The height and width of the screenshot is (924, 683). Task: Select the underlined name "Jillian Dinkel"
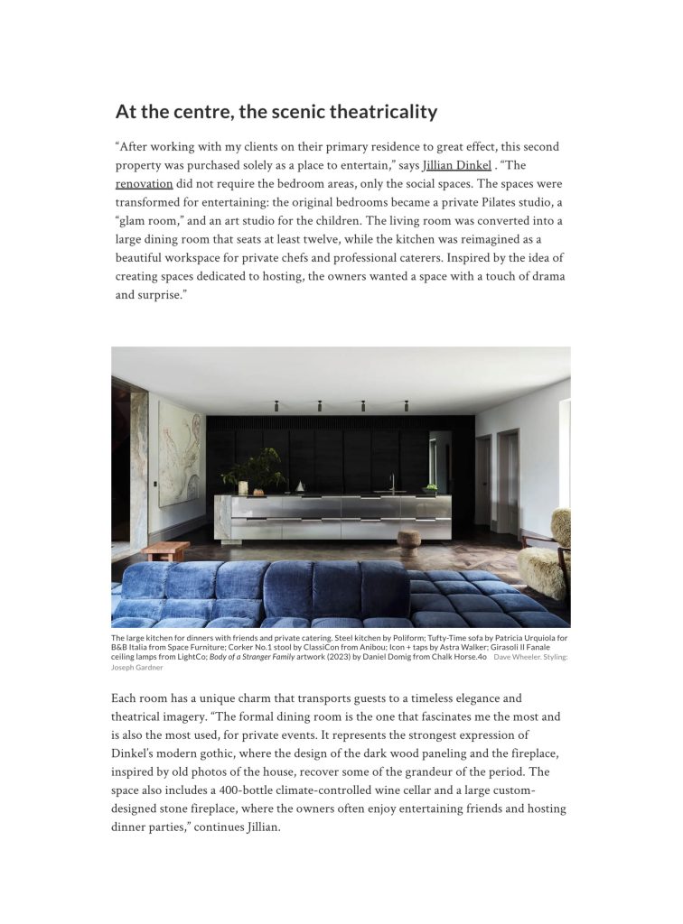coord(457,165)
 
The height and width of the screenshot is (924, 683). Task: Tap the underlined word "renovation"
coord(144,184)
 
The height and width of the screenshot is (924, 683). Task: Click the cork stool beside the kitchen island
coord(411,540)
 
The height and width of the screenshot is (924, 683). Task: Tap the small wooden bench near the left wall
coord(166,550)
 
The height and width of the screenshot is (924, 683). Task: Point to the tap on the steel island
coord(392,483)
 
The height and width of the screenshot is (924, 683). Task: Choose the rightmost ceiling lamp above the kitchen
coord(406,405)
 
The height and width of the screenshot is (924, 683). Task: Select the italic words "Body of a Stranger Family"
coord(258,658)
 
